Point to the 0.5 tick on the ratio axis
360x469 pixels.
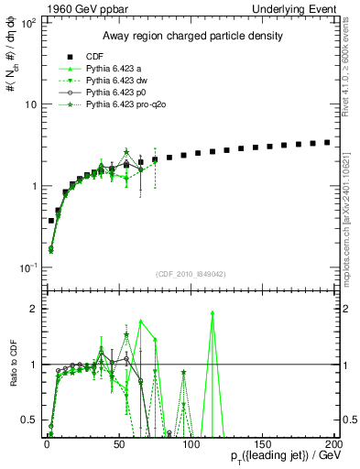[33, 420]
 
